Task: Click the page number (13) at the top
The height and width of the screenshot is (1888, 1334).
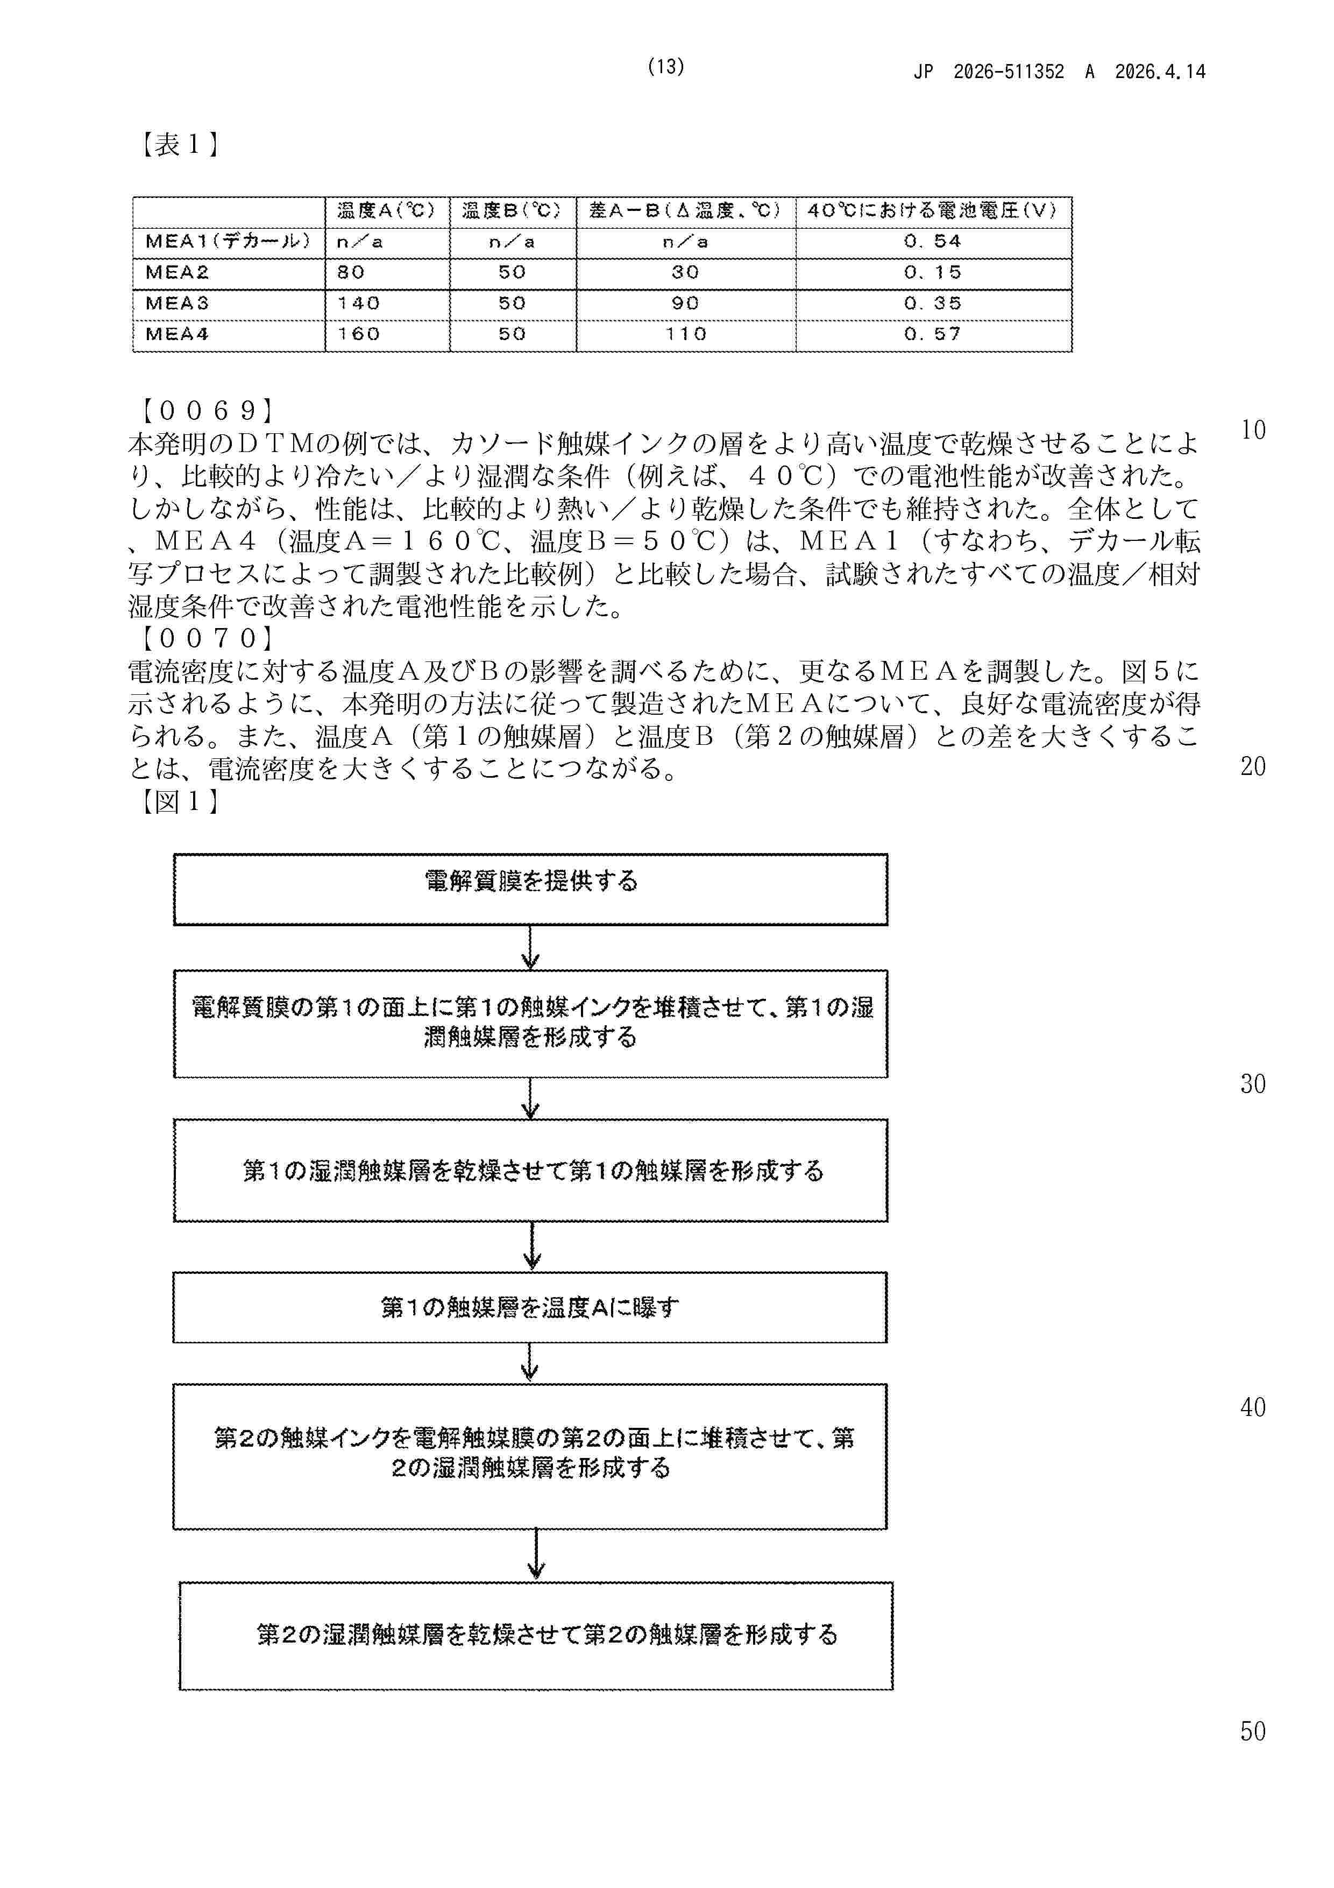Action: [666, 67]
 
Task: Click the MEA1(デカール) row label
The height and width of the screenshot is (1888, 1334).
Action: [228, 242]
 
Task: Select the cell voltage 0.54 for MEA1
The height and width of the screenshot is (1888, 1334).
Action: [932, 242]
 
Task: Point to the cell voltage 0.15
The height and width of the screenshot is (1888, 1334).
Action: [932, 272]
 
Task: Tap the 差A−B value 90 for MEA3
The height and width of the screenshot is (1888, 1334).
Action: [685, 304]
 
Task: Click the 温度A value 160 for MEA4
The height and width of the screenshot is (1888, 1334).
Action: [358, 334]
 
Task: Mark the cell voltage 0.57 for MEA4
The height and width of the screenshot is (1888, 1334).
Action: [932, 334]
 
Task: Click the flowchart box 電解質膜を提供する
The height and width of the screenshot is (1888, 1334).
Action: [530, 889]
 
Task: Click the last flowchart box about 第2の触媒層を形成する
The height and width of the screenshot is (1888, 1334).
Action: [536, 1635]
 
